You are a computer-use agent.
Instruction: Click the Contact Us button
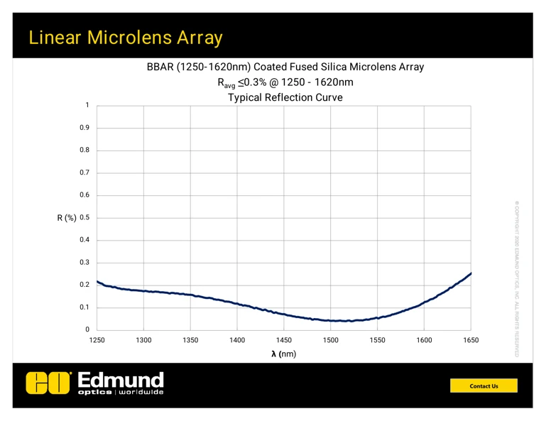485,386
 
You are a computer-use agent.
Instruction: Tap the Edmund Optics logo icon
49,383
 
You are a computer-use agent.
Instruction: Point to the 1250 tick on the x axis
97,341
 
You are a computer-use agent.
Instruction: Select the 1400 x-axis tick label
237,341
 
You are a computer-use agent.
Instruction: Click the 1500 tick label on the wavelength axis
330,341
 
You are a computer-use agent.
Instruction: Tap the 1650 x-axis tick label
471,341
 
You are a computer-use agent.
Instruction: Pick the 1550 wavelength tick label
377,341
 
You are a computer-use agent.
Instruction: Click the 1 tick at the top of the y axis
87,105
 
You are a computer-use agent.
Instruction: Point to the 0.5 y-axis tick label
84,218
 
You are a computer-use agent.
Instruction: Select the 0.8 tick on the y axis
84,151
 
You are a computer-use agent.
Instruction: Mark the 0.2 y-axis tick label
84,285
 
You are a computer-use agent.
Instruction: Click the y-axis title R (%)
66,218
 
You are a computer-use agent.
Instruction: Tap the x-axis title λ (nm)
284,354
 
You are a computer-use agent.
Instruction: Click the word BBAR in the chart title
162,67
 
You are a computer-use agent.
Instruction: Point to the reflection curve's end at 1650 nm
471,273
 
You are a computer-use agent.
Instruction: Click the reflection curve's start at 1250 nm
97,282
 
